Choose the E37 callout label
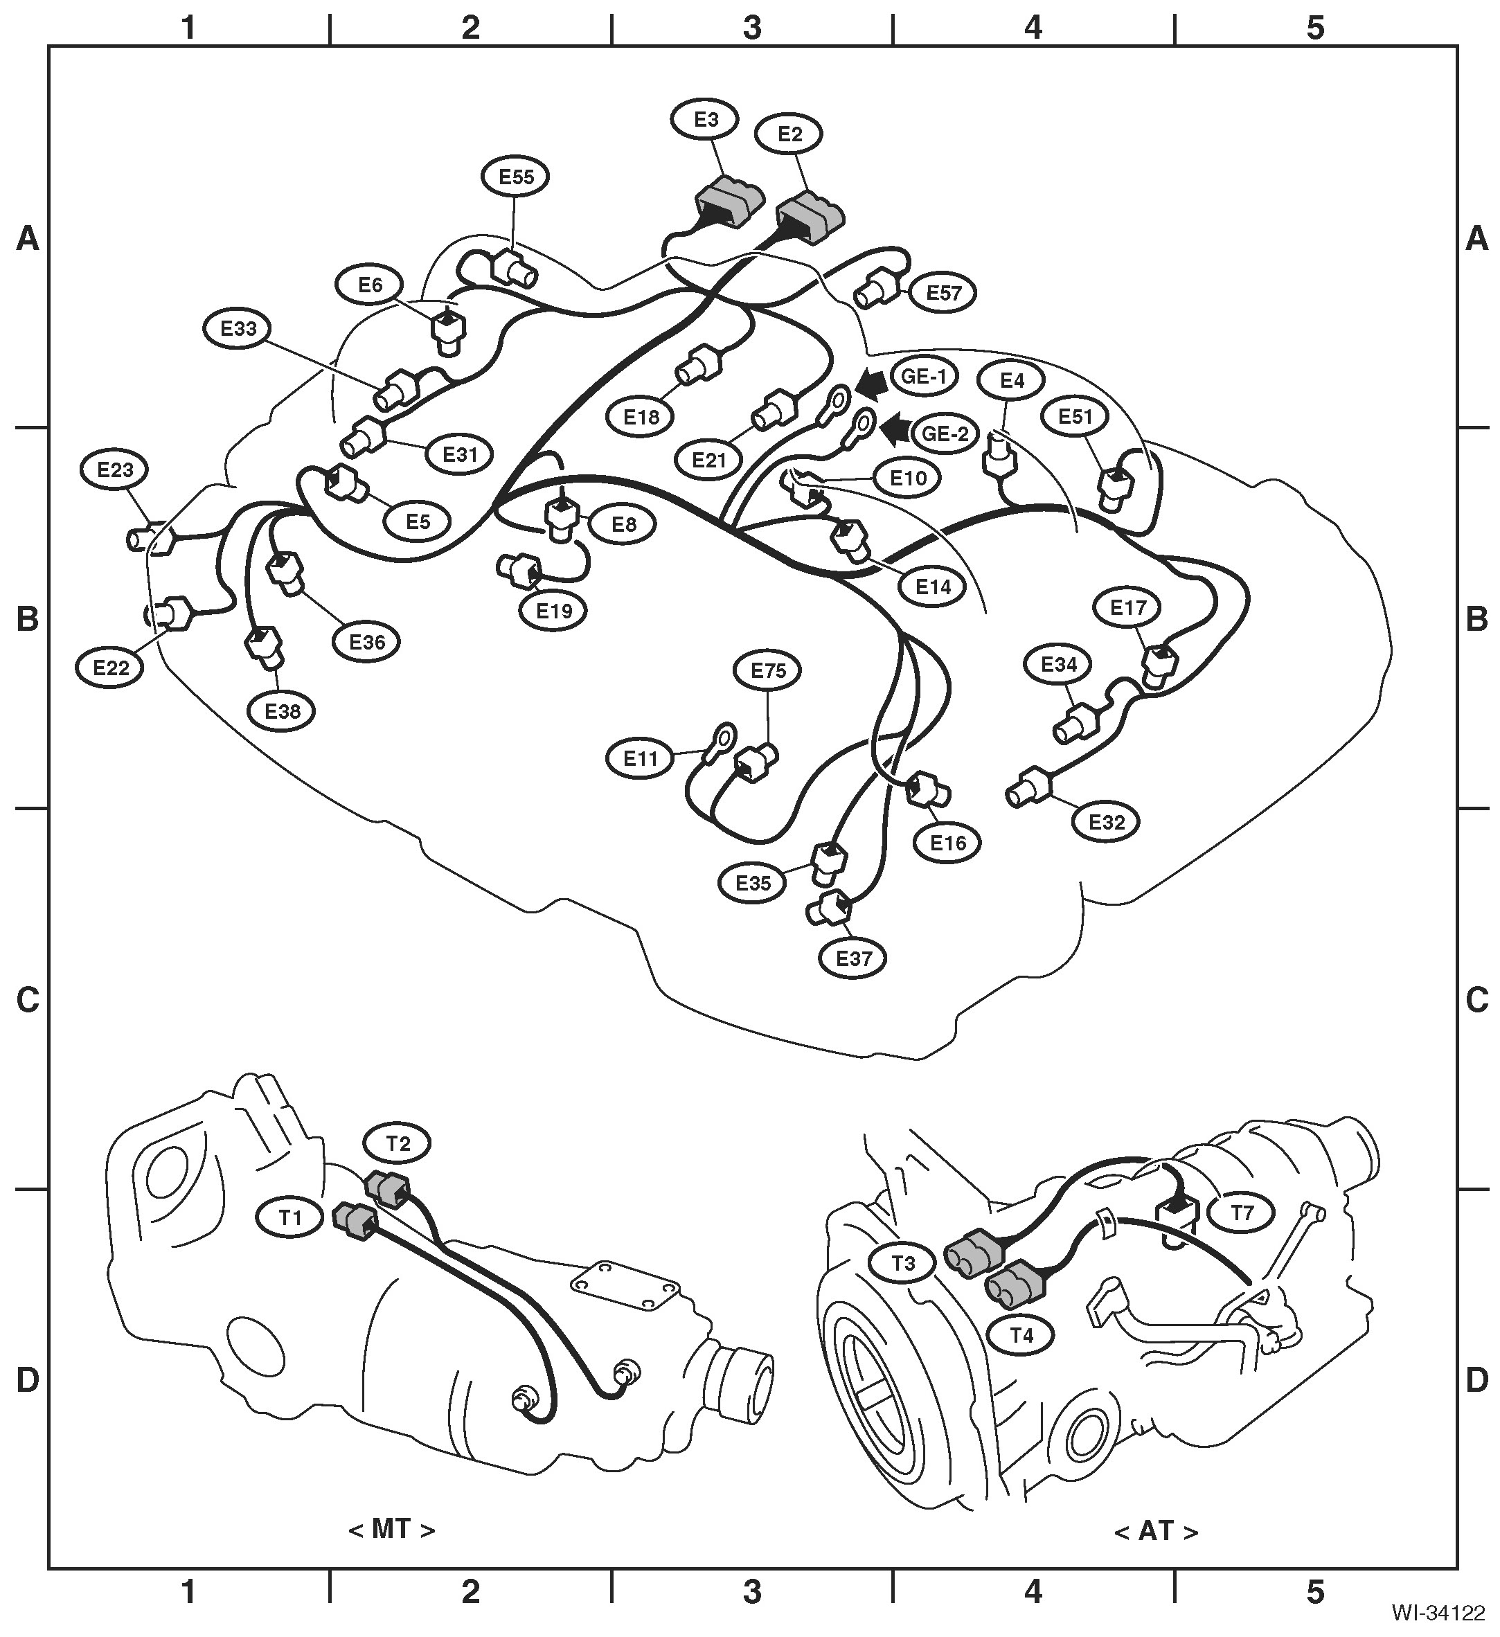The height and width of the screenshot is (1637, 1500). point(854,959)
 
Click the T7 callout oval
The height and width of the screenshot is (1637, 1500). point(1242,1213)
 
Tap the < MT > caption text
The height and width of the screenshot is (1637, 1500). point(391,1530)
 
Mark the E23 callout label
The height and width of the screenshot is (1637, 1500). point(116,469)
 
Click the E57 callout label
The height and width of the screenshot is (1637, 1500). point(943,293)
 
